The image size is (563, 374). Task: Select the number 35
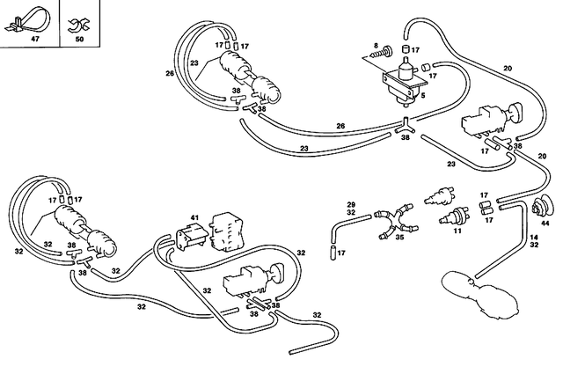pyautogui.click(x=400, y=237)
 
